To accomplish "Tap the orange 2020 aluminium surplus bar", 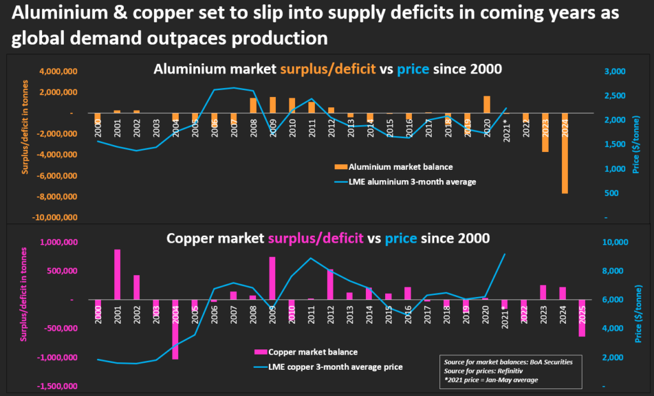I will [487, 105].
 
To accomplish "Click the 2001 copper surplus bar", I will [118, 275].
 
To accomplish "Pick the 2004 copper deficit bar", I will [175, 330].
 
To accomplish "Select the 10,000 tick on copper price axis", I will [616, 242].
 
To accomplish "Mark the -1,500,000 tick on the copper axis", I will [57, 386].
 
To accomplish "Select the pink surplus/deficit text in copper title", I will [316, 238].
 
